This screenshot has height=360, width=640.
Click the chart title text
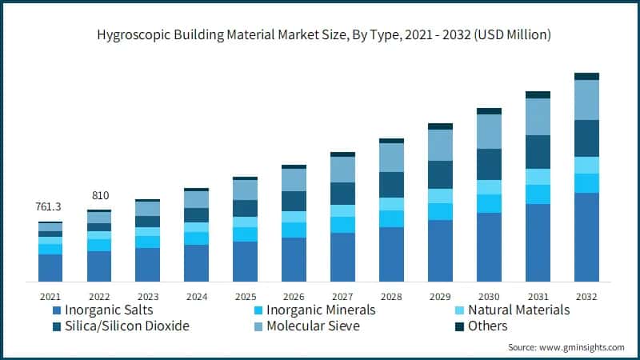[x=320, y=35]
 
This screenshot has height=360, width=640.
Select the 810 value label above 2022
[x=99, y=195]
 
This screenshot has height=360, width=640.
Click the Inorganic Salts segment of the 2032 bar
[x=587, y=237]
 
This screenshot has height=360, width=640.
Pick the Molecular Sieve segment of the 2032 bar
[x=587, y=100]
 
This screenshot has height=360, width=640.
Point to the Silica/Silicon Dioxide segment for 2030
[x=489, y=164]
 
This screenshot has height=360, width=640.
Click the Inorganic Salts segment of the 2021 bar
[x=50, y=267]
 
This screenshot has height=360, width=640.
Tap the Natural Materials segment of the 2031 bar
[x=538, y=177]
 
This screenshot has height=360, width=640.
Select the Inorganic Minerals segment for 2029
[x=440, y=211]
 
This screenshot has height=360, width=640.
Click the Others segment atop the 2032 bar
[x=587, y=77]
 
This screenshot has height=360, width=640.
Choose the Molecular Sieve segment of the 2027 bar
[x=342, y=170]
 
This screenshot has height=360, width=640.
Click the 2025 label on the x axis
[x=245, y=294]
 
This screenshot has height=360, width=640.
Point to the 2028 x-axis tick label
[x=391, y=294]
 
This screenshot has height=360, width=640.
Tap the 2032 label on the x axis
[x=587, y=294]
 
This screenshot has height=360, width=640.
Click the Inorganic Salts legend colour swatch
[x=57, y=310]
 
